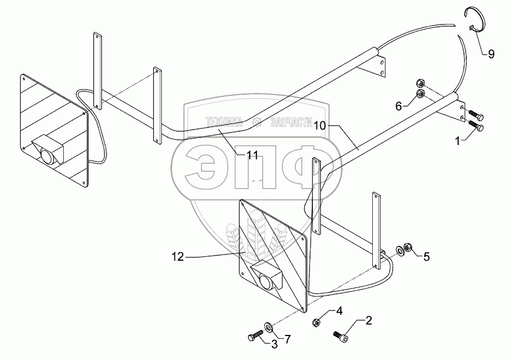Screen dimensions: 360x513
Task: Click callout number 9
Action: [x=491, y=55]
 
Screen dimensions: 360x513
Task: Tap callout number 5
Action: [x=425, y=257]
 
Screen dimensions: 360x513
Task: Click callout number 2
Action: [x=368, y=321]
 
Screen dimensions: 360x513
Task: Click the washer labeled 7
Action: [x=268, y=328]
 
